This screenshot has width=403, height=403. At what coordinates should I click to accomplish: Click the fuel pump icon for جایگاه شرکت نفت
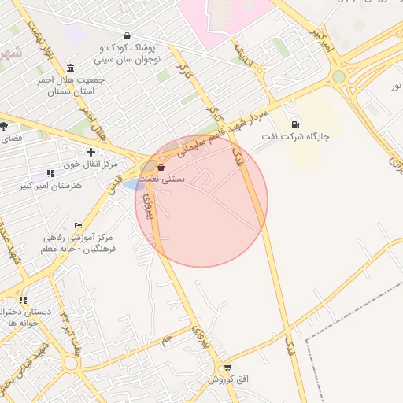(295, 124)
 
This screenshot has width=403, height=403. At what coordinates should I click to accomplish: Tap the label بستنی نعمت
(161, 179)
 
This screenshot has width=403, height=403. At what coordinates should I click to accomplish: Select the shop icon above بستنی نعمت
(161, 167)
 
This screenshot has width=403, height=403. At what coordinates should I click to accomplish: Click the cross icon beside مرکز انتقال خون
(91, 152)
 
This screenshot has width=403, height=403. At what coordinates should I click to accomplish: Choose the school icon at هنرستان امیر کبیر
(51, 172)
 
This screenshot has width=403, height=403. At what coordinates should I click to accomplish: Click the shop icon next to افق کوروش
(227, 368)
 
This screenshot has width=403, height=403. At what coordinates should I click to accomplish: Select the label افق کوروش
(228, 379)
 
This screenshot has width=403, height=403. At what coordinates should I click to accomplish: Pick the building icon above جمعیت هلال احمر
(71, 68)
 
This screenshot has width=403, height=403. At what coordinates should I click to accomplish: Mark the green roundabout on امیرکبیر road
(338, 76)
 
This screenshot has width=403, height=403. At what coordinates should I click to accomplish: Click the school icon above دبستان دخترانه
(23, 300)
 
